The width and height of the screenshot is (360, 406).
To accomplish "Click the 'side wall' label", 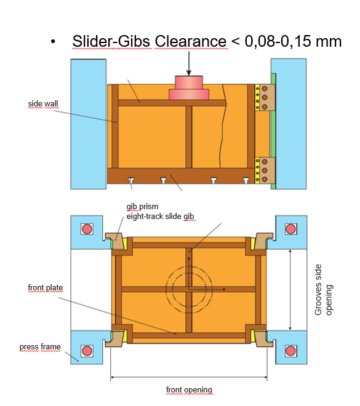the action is click(43, 104).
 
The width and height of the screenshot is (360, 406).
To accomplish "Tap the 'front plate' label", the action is click(46, 288).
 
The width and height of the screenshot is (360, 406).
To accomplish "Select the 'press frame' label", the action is click(40, 347).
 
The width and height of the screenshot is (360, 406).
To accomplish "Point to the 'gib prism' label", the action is click(142, 207).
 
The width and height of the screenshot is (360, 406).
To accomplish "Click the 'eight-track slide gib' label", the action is click(160, 216).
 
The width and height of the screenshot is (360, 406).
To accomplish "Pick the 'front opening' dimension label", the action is click(189, 389).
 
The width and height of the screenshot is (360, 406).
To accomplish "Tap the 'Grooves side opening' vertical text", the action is click(324, 290).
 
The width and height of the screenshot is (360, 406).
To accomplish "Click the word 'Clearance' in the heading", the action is click(191, 41).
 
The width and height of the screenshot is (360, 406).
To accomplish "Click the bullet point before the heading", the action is click(53, 42).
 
